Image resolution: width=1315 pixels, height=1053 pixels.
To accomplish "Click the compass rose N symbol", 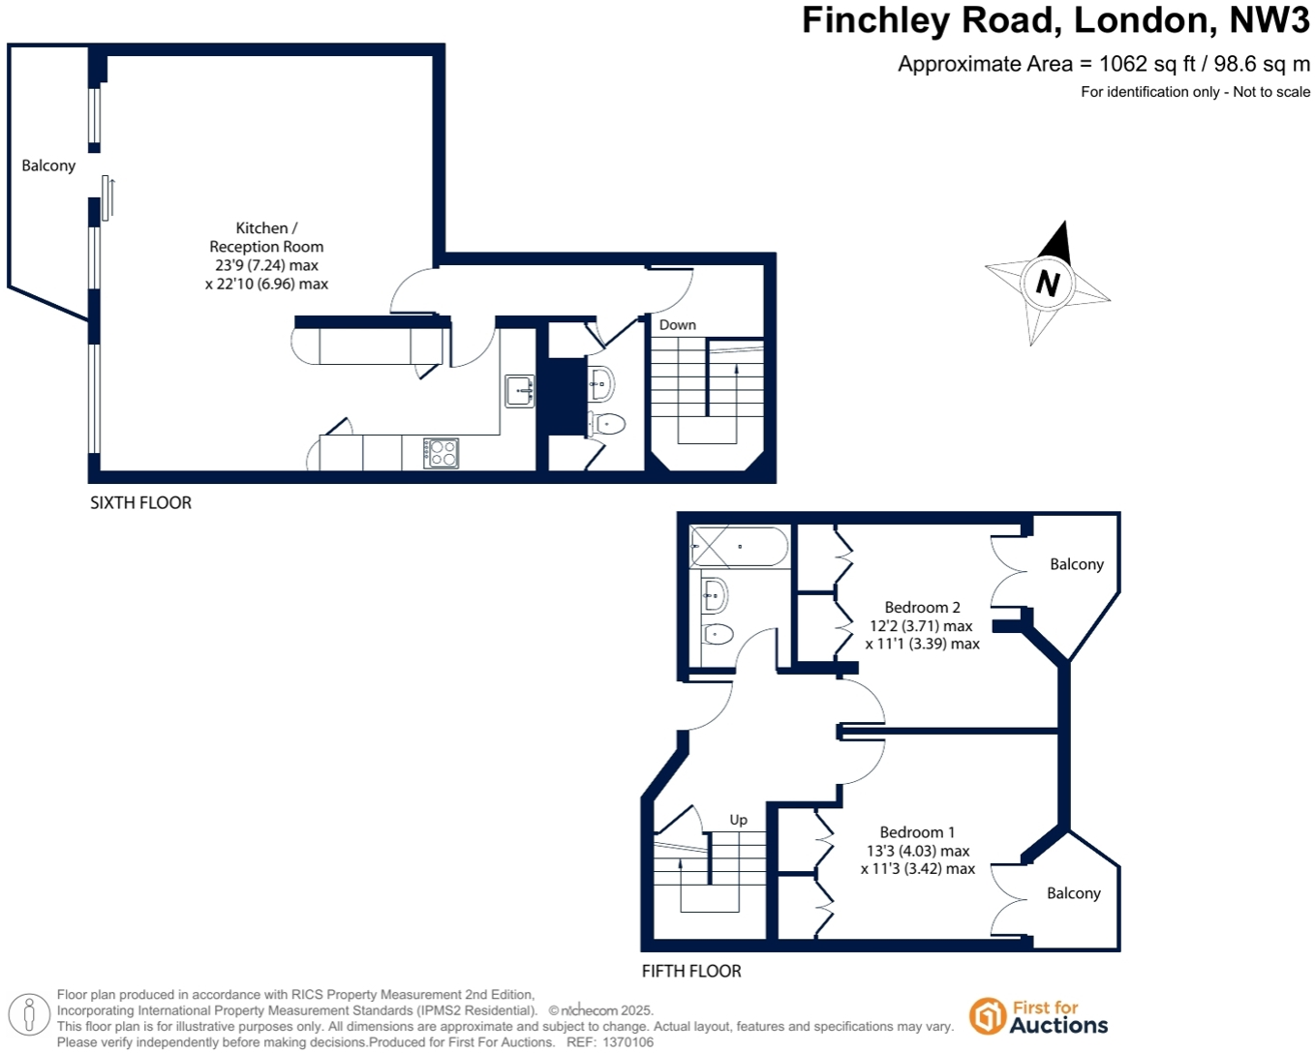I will coord(1047,283).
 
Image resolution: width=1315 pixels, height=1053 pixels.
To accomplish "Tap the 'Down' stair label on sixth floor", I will coord(677,325).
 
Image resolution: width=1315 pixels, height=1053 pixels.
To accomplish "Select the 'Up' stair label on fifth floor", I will coord(738,820).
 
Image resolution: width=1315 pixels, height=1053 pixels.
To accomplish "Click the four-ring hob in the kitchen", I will coord(442,453).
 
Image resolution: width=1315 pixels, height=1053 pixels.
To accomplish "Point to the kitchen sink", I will coord(520,391).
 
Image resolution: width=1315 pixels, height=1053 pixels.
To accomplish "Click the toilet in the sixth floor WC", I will coord(607,423).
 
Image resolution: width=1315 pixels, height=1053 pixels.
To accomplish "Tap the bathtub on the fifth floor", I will coord(740,547).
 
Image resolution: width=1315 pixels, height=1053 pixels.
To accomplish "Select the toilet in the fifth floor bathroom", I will coord(717,635).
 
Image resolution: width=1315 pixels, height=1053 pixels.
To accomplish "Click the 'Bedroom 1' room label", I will coord(917,832).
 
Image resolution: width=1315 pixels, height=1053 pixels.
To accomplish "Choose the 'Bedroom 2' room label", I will coord(922,608).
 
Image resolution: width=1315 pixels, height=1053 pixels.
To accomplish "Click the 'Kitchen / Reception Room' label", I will coord(266,237).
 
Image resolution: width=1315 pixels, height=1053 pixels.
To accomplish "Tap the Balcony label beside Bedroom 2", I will coord(1076,564).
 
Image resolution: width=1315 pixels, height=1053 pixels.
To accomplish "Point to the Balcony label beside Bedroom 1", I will coord(1073,893).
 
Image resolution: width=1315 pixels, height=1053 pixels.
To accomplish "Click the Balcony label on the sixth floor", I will coord(48,165).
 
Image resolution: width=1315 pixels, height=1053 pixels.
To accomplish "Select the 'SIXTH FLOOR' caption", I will coord(140,502).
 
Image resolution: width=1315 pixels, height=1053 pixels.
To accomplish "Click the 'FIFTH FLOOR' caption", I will coord(691,971).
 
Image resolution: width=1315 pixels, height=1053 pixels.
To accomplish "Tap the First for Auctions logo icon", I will coord(987,1016).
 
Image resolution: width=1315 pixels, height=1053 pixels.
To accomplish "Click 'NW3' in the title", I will coord(1269,20).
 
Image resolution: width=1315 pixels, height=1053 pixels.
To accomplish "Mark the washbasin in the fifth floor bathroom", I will coord(714,594).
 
